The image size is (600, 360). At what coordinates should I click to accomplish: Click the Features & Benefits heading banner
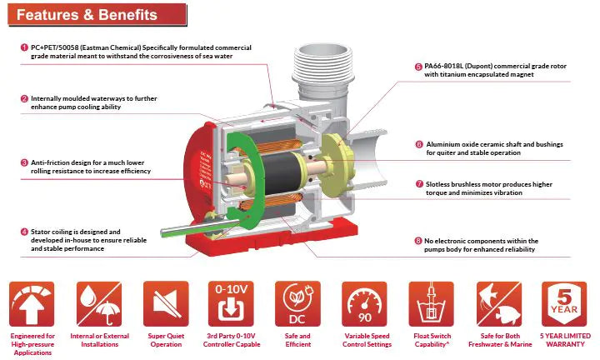click(x=97, y=15)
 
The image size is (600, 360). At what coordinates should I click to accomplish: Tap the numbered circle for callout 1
click(x=24, y=47)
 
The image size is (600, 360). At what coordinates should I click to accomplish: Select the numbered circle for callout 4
click(x=24, y=232)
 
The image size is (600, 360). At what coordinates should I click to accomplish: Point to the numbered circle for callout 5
click(x=418, y=66)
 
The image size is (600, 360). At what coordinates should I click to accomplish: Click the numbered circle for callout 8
click(x=418, y=241)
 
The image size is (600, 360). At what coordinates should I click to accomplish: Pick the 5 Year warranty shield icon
click(x=564, y=304)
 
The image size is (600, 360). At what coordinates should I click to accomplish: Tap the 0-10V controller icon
click(x=231, y=304)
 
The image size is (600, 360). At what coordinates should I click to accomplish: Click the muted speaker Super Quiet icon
click(x=166, y=304)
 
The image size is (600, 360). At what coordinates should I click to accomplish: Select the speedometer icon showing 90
click(x=364, y=304)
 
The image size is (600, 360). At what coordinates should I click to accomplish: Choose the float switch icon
click(x=432, y=304)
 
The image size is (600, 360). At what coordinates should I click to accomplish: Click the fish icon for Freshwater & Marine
click(x=499, y=304)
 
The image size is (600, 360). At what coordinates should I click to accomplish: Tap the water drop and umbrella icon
click(x=99, y=304)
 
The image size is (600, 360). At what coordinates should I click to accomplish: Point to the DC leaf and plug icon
click(x=297, y=304)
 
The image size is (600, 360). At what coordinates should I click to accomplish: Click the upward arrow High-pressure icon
click(x=32, y=304)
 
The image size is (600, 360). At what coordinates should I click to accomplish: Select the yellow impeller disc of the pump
click(x=335, y=163)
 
